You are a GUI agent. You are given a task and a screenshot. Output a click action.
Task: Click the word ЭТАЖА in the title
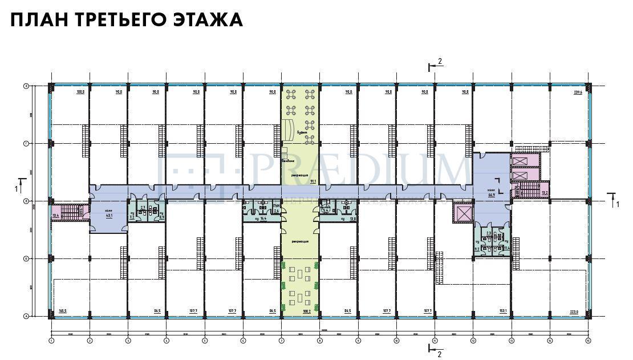tap(208, 19)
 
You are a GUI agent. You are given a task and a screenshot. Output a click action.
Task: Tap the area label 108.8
tap(80, 92)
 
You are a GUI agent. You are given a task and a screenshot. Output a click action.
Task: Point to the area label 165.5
tap(63, 311)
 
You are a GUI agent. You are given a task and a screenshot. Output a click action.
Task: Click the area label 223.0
tap(574, 312)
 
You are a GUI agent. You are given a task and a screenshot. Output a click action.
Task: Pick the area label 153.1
tap(503, 311)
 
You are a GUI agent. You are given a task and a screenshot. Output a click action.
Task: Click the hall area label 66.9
tap(490, 195)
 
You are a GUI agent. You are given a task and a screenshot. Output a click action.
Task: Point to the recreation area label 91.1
tap(313, 181)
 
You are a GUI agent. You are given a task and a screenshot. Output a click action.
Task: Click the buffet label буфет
tap(302, 134)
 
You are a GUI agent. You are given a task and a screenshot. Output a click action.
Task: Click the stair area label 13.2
tap(545, 193)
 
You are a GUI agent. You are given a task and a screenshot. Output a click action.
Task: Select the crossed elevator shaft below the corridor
tap(462, 214)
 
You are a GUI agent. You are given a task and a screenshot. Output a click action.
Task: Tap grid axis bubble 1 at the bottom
tap(51, 341)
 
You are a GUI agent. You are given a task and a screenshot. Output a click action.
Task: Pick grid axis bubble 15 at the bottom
tap(588, 341)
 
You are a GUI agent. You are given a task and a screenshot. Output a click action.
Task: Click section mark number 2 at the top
tap(440, 61)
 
